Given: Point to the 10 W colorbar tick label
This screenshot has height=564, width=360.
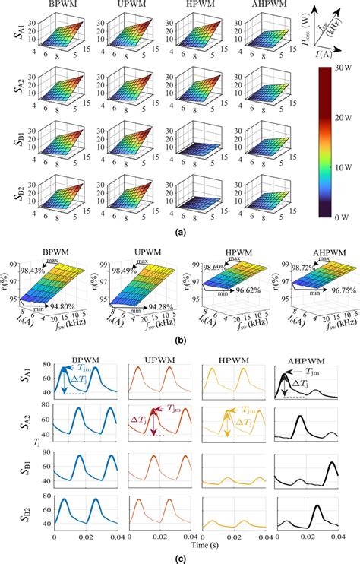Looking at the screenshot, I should (341, 162).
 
